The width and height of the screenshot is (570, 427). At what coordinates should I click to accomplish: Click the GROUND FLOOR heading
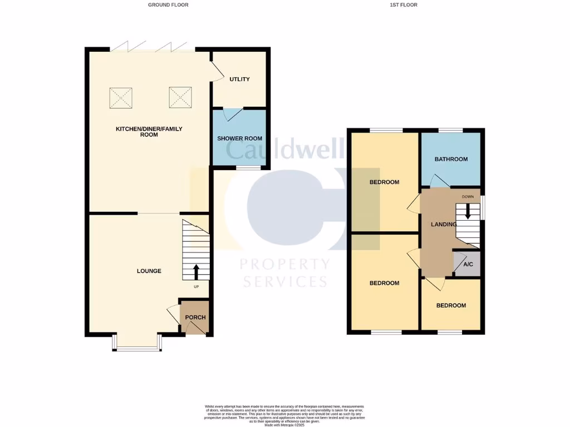tap(168, 5)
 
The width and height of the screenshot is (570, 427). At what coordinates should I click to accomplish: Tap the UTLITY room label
tap(240, 80)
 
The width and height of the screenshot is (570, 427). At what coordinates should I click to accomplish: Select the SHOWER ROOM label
tap(239, 138)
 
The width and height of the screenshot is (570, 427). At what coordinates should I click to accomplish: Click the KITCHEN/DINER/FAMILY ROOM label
tap(149, 132)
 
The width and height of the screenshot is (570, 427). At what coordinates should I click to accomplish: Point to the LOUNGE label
tap(149, 271)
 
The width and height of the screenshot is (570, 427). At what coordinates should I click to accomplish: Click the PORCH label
tap(195, 317)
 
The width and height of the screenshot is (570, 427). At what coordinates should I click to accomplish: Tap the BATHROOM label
tap(451, 160)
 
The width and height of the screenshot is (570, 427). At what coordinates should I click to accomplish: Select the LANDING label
tap(444, 225)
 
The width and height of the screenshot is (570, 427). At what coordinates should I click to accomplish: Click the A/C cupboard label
tap(468, 265)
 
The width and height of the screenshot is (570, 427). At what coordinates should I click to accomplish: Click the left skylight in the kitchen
tap(121, 98)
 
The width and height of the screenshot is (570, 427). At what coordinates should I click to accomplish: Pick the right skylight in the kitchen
tap(180, 98)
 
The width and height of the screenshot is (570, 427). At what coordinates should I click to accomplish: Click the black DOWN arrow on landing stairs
tap(468, 211)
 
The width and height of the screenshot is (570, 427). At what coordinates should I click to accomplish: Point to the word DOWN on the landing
tap(468, 197)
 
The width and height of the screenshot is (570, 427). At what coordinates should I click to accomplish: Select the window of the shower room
tap(248, 167)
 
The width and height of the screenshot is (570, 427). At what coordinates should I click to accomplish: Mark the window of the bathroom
tap(450, 131)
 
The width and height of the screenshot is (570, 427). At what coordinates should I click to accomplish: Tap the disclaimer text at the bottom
tap(284, 414)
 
